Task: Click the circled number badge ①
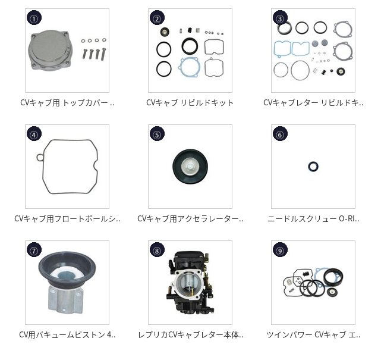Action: click(34, 18)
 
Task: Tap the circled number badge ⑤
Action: click(157, 134)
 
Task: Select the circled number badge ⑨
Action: click(280, 250)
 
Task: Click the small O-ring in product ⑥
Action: click(313, 167)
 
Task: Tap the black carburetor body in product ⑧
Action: click(190, 283)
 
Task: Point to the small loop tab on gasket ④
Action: click(39, 157)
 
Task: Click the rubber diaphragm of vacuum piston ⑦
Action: click(67, 265)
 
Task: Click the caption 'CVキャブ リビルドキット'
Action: click(190, 103)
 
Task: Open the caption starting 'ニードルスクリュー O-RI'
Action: click(313, 219)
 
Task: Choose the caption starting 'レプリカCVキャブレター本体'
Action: click(190, 335)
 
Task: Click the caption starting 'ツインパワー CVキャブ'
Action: click(313, 335)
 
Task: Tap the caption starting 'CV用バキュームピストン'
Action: click(67, 335)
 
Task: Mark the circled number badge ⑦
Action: click(34, 250)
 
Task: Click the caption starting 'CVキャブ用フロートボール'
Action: click(67, 219)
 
